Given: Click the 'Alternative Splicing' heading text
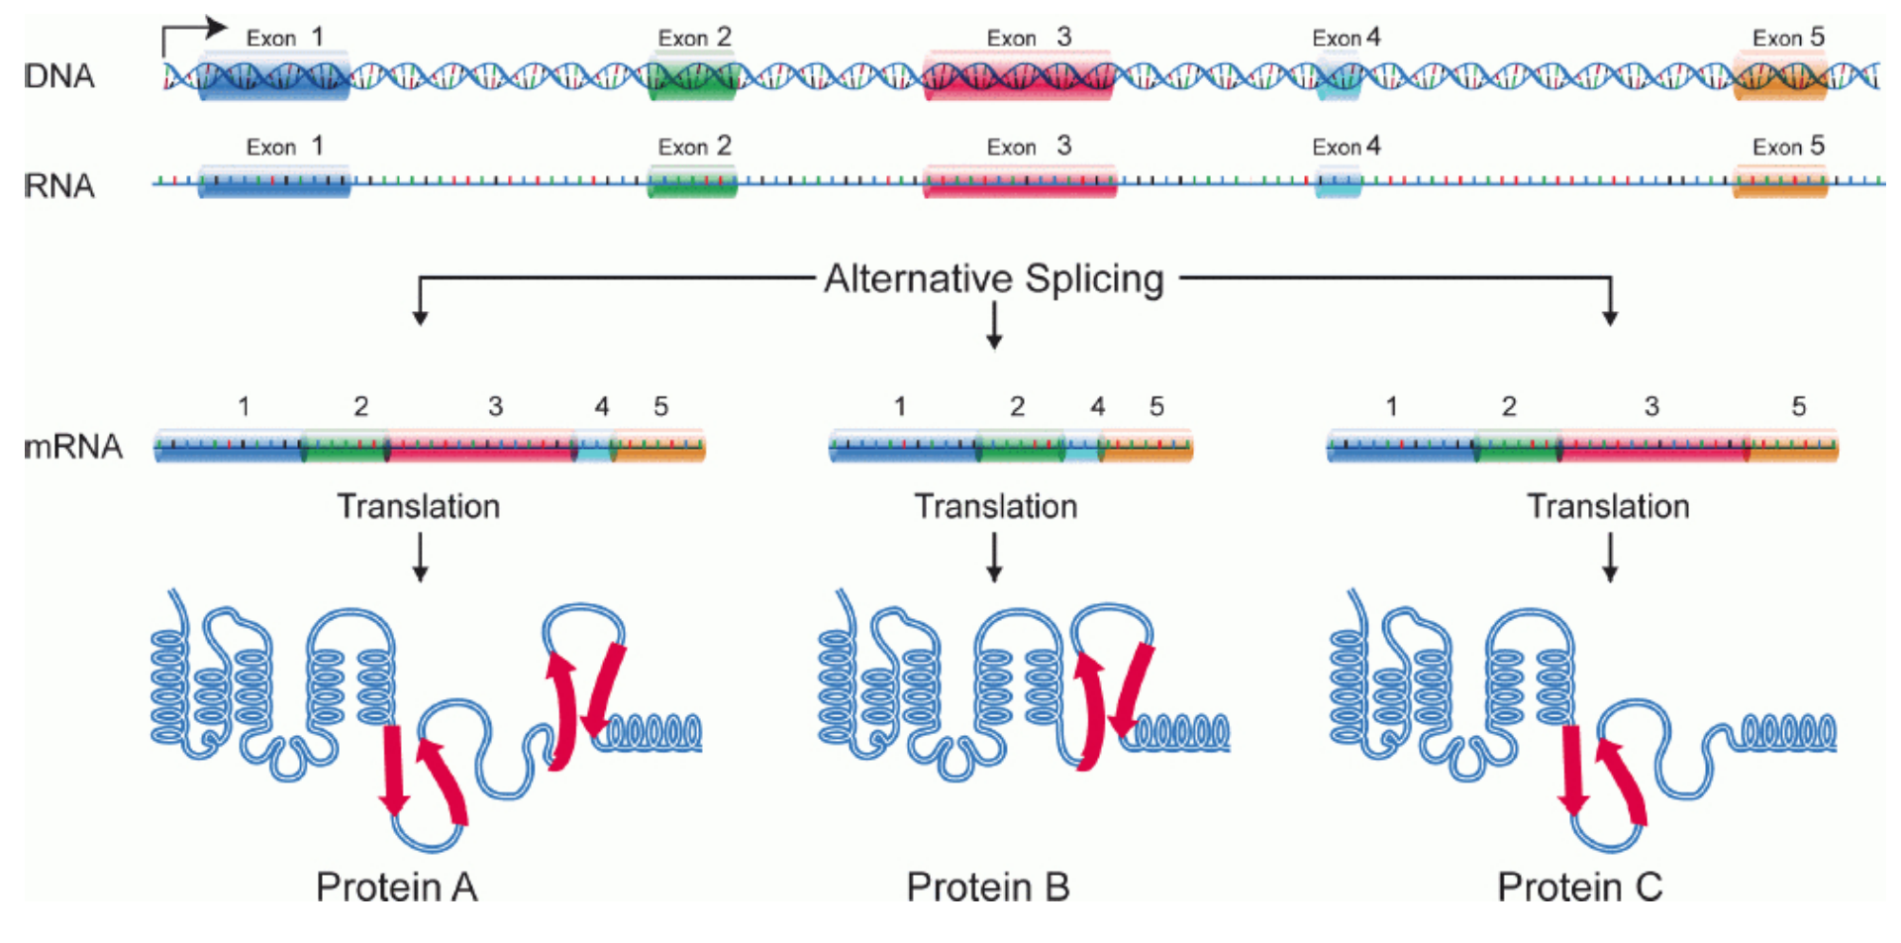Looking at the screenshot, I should (x=993, y=279).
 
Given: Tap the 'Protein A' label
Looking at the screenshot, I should (x=396, y=887).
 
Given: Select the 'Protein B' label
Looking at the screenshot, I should (x=988, y=887).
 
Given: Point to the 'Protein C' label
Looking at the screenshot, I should (x=1579, y=887).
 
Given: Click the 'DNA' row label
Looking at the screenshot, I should (x=59, y=76).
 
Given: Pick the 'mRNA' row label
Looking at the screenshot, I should (x=73, y=447).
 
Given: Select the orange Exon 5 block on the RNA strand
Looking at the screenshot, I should (x=1779, y=182).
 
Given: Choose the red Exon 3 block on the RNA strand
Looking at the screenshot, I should (x=1019, y=182).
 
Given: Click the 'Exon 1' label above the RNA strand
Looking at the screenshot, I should (x=284, y=147).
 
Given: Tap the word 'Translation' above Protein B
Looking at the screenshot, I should (x=995, y=506).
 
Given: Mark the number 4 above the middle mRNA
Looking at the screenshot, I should (x=1097, y=406).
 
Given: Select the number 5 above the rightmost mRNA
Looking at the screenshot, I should (x=1798, y=406).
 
